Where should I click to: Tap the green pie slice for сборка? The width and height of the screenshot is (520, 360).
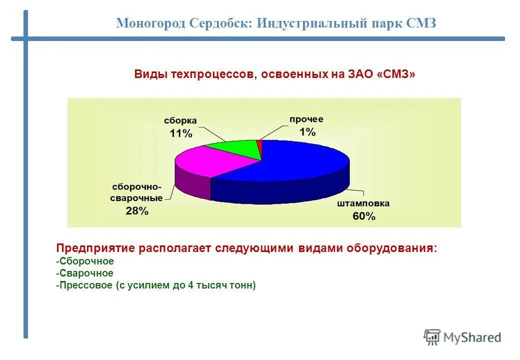tap(235, 148)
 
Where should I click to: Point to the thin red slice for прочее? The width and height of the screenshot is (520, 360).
tap(259, 146)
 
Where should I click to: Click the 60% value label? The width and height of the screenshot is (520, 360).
tap(363, 216)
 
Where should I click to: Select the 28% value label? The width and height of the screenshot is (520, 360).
tap(137, 211)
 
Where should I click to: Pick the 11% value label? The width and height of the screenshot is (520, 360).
tap(180, 133)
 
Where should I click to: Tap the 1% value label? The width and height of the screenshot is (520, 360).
tap(307, 132)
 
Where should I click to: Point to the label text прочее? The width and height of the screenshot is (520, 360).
tap(306, 119)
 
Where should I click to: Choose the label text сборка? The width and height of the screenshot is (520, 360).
tap(180, 121)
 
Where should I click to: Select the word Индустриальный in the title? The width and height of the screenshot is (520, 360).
tap(309, 23)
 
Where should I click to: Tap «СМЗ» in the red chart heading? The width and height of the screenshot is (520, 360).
tap(397, 74)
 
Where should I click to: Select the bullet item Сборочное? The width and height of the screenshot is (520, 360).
tap(85, 261)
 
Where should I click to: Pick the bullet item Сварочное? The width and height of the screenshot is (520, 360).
tap(85, 273)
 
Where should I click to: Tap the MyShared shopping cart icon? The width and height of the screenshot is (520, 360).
tap(432, 337)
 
